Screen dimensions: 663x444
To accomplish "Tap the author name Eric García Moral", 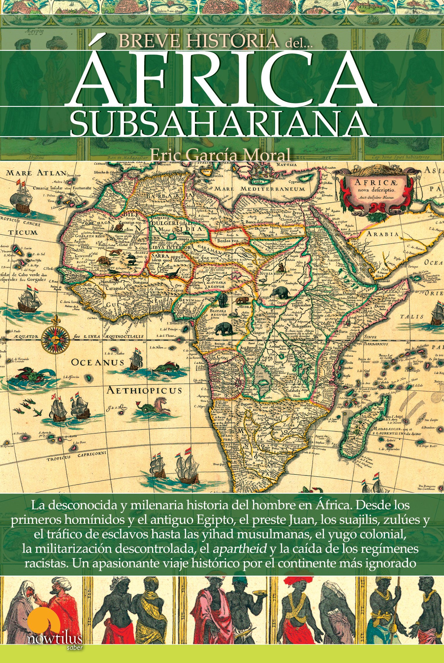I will pos(220,155).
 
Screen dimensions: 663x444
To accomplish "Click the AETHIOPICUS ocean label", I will pos(144,390).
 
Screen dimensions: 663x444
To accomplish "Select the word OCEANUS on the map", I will pos(98,362).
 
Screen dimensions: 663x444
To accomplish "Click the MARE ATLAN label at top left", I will pos(36,173).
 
